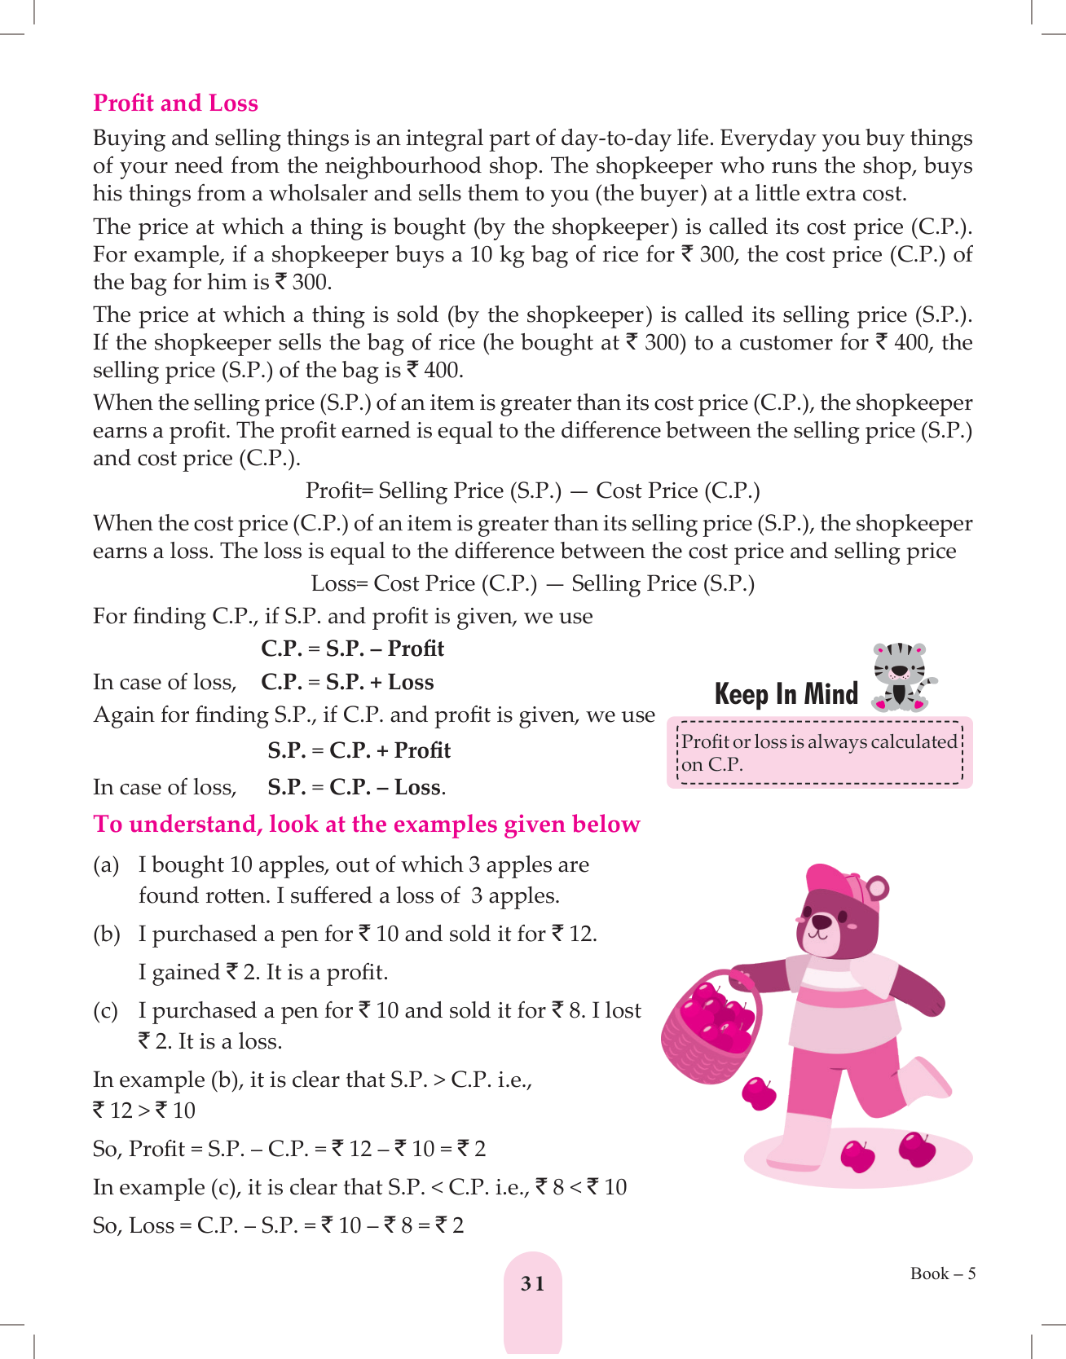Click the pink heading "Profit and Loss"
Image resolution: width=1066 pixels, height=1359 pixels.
pyautogui.click(x=175, y=103)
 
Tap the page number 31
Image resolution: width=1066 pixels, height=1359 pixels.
pyautogui.click(x=533, y=1284)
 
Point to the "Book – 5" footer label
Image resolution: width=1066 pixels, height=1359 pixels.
pyautogui.click(x=942, y=1273)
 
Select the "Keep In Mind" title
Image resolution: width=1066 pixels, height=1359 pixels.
pyautogui.click(x=786, y=694)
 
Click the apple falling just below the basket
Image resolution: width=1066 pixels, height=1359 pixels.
pyautogui.click(x=760, y=1093)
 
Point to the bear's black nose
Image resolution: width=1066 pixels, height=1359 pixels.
pyautogui.click(x=822, y=922)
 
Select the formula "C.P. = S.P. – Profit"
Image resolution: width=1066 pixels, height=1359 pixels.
pyautogui.click(x=352, y=649)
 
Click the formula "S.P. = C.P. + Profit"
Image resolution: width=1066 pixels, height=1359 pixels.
pyautogui.click(x=359, y=750)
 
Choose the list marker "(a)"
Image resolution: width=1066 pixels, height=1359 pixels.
pyautogui.click(x=106, y=865)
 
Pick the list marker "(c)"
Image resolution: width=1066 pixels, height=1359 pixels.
pyautogui.click(x=106, y=1011)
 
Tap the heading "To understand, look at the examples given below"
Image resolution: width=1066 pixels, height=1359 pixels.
pyautogui.click(x=367, y=825)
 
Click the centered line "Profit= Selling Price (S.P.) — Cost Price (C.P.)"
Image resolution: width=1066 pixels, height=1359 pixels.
pyautogui.click(x=532, y=490)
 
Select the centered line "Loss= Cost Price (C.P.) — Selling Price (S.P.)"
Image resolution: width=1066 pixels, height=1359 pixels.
pyautogui.click(x=532, y=583)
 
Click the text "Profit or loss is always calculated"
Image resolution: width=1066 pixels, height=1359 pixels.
pyautogui.click(x=818, y=741)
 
